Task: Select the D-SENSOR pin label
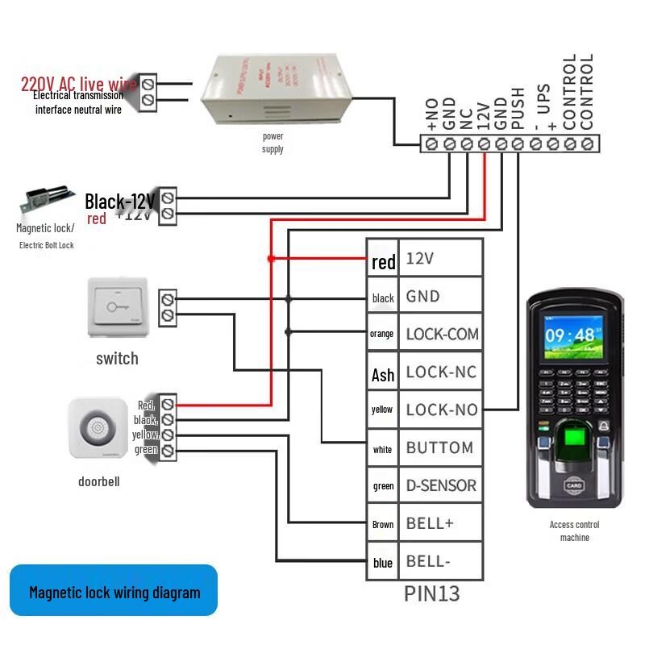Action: (441, 486)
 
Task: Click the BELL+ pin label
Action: (430, 523)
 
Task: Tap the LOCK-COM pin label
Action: (442, 334)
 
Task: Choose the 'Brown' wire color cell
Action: (383, 525)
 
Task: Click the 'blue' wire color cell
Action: (383, 563)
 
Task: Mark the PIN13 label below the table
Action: (431, 594)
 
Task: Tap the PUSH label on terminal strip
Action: (518, 108)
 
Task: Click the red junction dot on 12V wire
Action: (271, 259)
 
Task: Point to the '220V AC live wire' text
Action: (79, 84)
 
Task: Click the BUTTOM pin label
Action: (439, 448)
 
